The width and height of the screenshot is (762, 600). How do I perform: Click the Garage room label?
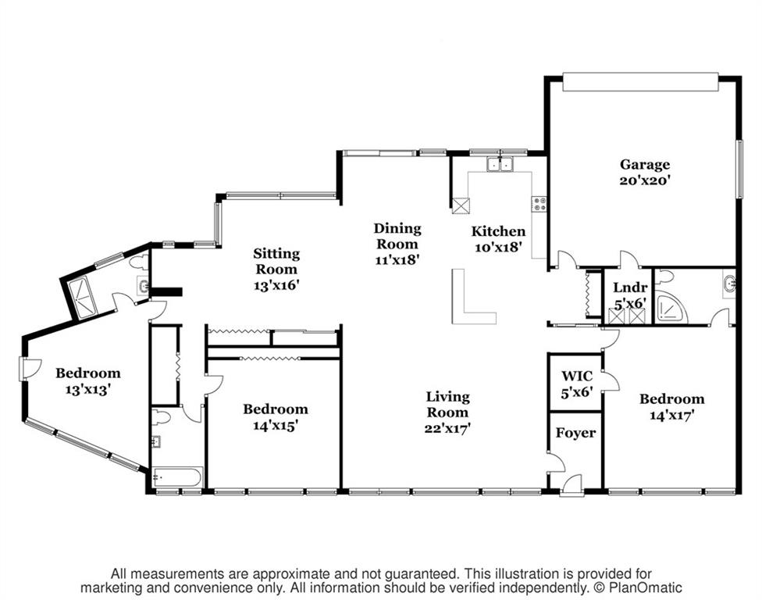(x=645, y=172)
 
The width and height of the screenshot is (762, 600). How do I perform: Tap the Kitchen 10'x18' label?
(x=498, y=239)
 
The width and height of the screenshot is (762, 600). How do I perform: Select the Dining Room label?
(x=397, y=244)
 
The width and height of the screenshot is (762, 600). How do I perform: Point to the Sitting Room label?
(x=276, y=269)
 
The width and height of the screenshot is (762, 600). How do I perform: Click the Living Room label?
(x=447, y=412)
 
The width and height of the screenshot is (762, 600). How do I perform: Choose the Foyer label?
(x=575, y=433)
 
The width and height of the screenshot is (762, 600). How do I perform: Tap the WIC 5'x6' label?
(x=577, y=384)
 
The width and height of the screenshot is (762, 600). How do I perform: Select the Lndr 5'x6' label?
(x=630, y=295)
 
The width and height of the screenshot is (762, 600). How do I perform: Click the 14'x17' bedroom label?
(x=671, y=406)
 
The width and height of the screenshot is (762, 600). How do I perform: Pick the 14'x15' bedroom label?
(x=275, y=416)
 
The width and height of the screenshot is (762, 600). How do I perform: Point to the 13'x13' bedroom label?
(x=88, y=381)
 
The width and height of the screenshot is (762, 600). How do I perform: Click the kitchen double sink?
(x=500, y=164)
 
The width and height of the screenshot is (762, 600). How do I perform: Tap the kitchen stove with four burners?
(x=539, y=203)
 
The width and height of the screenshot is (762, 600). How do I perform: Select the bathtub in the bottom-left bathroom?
(x=176, y=477)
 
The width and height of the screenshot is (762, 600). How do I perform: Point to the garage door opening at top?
(x=640, y=81)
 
